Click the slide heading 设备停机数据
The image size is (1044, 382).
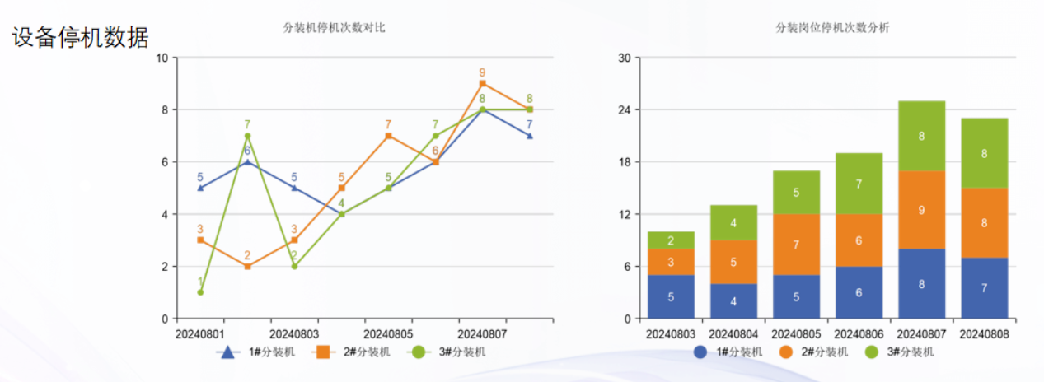(80, 37)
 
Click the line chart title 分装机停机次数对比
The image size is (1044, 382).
(334, 28)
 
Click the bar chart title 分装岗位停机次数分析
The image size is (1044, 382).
(832, 28)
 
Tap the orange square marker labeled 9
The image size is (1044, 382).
(482, 83)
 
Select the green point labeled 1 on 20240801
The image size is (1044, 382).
(200, 292)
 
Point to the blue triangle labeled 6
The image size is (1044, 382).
(247, 161)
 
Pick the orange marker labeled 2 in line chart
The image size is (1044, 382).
(247, 267)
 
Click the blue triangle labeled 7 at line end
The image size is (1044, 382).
(529, 136)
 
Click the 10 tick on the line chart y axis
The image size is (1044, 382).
(162, 58)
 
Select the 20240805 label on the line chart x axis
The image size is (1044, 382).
(388, 335)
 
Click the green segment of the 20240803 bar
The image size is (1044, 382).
(671, 240)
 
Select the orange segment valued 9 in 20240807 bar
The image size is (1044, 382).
(921, 210)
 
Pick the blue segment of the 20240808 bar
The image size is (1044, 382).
(984, 288)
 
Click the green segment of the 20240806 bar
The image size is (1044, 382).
(859, 184)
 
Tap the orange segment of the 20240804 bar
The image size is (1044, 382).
(733, 262)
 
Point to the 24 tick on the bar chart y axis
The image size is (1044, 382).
(625, 109)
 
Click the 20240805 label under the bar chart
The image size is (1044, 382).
(796, 335)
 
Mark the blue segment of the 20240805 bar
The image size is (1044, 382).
(796, 296)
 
